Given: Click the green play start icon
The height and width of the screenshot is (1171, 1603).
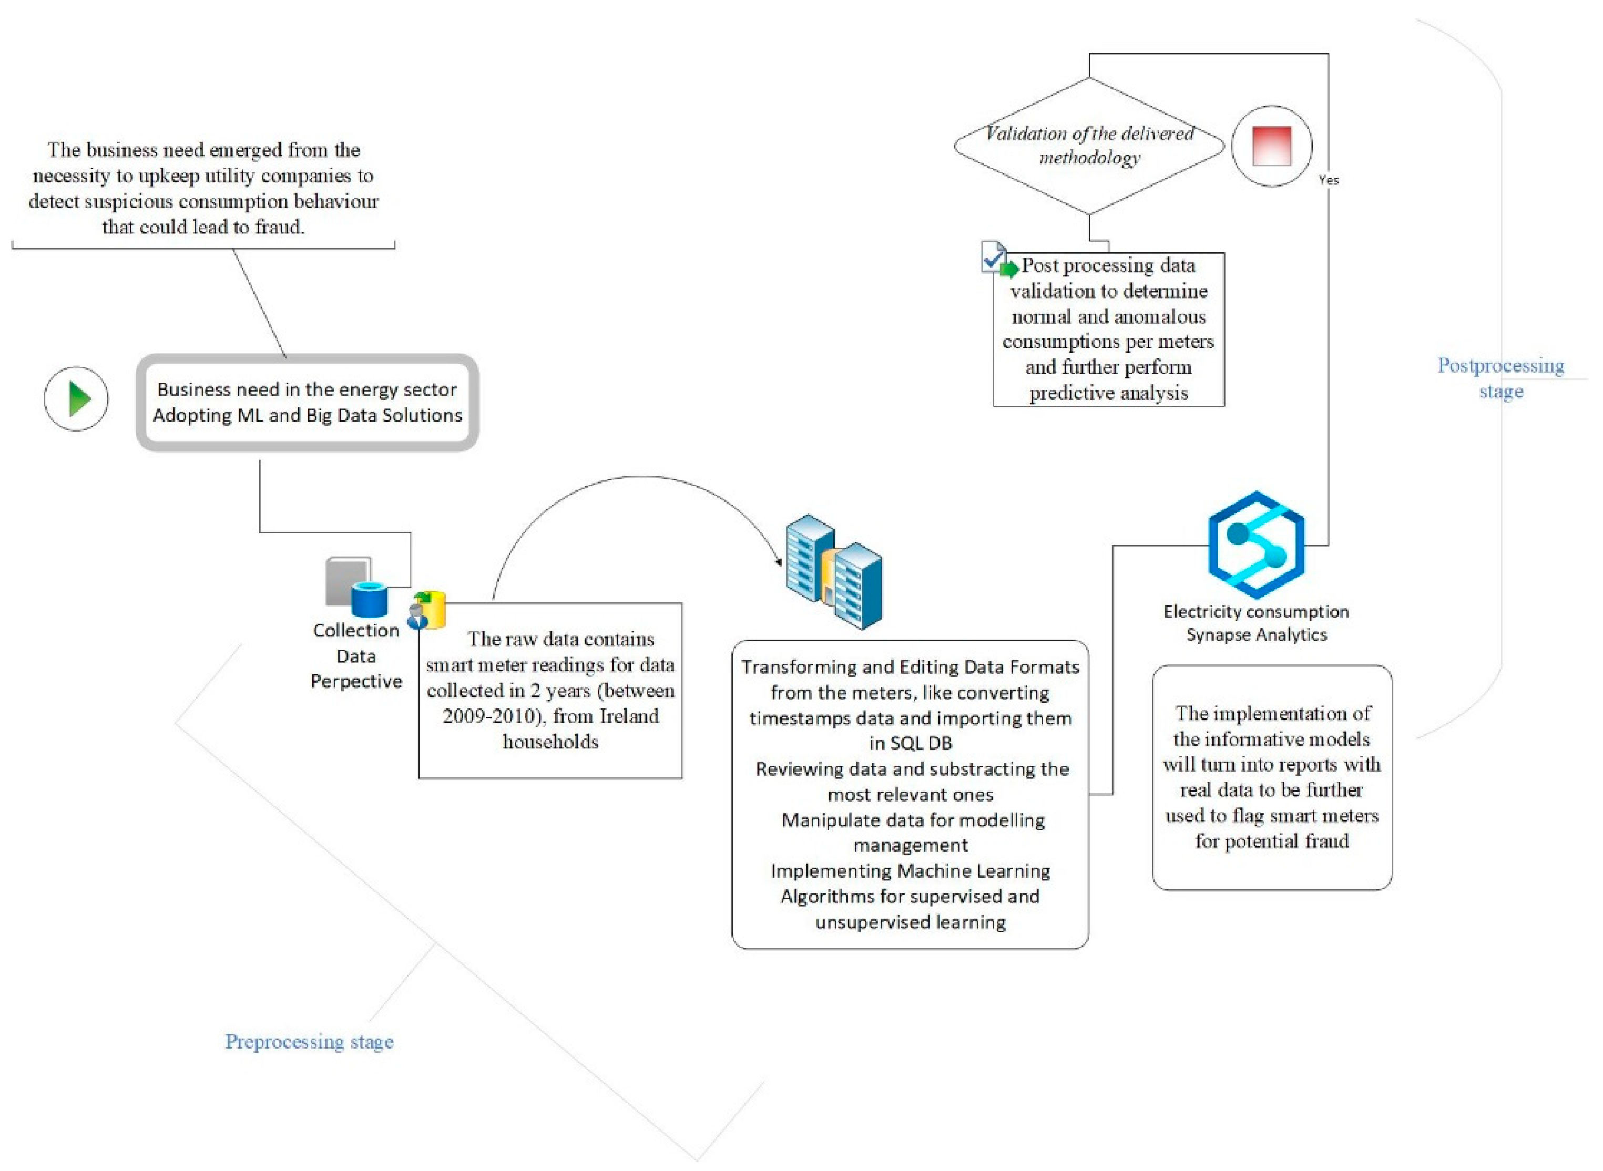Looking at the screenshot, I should tap(77, 399).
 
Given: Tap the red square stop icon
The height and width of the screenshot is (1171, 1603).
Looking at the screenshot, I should tap(1271, 146).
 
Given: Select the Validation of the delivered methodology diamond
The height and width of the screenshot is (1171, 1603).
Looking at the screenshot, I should tap(1089, 146).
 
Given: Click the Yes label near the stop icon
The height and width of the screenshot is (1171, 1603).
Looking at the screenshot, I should tap(1329, 180).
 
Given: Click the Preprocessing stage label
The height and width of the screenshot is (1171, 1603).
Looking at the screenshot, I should tap(309, 1041).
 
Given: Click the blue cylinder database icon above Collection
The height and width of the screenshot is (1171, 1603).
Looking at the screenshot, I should tap(370, 600).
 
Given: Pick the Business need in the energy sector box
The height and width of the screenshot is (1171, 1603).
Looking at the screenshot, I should tap(307, 402).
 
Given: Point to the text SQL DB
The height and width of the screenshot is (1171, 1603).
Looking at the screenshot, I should tap(910, 744).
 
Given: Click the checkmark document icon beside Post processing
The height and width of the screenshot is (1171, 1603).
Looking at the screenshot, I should tap(993, 256).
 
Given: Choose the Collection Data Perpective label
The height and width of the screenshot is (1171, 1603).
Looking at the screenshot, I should tap(356, 656).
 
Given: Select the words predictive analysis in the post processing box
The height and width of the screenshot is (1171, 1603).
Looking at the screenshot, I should tap(1108, 393).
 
